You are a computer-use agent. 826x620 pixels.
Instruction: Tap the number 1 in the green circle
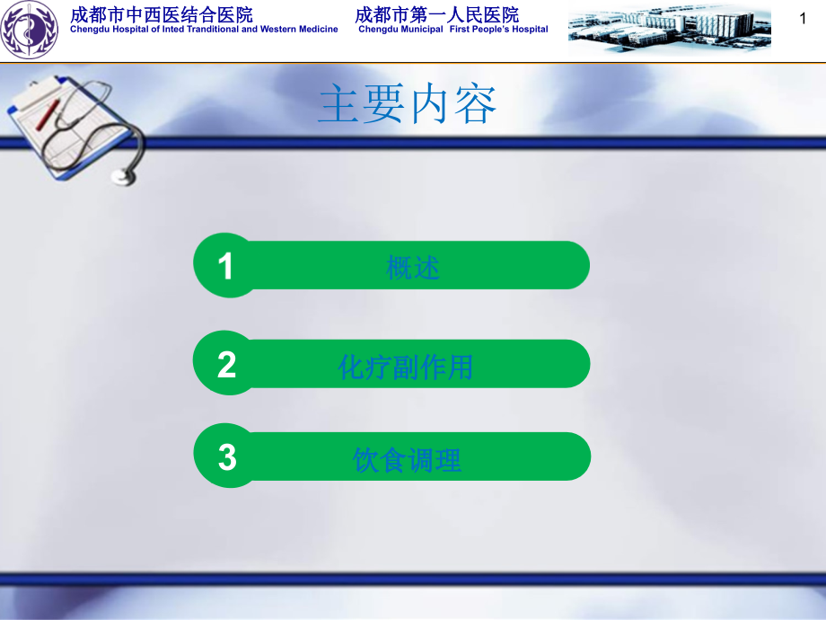tap(226, 266)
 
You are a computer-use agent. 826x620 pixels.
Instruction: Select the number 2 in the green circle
tap(226, 365)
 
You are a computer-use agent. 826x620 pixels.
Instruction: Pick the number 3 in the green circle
tap(227, 457)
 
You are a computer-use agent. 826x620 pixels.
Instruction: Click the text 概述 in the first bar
tap(413, 267)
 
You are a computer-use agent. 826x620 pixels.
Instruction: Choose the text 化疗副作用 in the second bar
tap(406, 366)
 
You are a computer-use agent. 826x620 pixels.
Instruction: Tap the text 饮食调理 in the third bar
tap(408, 461)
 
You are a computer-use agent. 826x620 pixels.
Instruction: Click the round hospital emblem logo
tap(29, 30)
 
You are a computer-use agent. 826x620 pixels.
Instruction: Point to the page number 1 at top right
tap(803, 17)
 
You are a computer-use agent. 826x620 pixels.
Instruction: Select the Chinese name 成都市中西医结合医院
tap(162, 14)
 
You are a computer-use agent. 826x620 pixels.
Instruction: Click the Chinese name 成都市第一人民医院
tap(437, 14)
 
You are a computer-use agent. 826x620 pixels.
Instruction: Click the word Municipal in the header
tap(419, 30)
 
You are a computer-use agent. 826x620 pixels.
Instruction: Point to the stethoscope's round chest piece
tap(123, 173)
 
